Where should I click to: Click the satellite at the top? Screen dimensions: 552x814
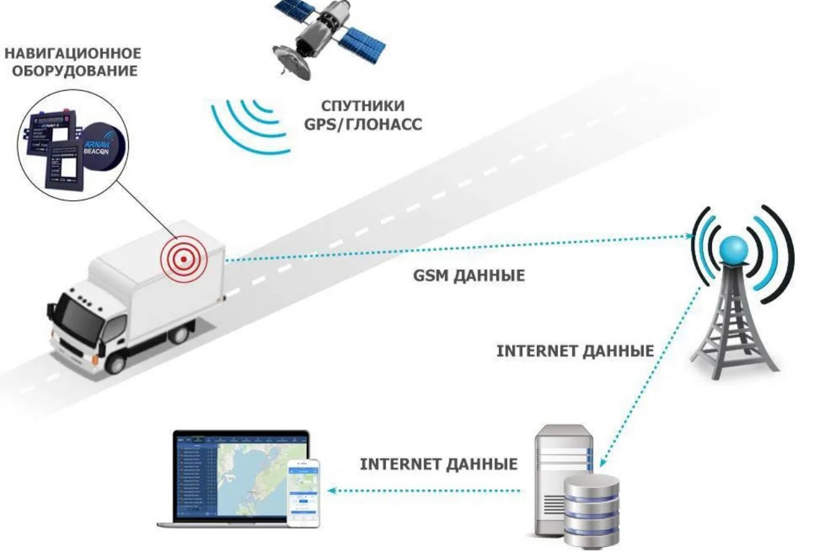pyautogui.click(x=317, y=38)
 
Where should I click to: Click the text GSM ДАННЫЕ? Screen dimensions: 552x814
pyautogui.click(x=468, y=277)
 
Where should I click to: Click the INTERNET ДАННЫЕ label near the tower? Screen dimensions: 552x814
pyautogui.click(x=574, y=351)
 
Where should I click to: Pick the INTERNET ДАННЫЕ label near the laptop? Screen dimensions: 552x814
pyautogui.click(x=438, y=465)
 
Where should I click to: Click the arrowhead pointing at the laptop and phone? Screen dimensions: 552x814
pyautogui.click(x=331, y=491)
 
